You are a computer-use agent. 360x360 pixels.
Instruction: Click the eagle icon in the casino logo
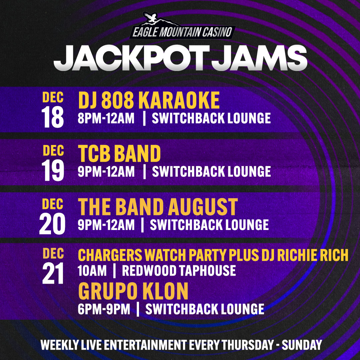tap(150, 18)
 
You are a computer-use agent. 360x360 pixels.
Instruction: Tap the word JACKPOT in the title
tap(132, 58)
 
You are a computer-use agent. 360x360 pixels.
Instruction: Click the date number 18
tap(53, 117)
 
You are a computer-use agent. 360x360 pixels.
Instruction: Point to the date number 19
tap(53, 170)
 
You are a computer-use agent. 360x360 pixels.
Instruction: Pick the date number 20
tap(52, 224)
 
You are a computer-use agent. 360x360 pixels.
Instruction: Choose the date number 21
tap(53, 273)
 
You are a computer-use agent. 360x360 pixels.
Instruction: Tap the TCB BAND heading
tap(119, 153)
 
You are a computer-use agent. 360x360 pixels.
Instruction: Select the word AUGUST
tap(203, 207)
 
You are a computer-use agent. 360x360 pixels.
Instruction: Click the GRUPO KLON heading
tap(133, 291)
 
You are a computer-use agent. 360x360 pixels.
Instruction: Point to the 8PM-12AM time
tap(106, 118)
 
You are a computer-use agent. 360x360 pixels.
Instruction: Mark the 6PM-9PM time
tap(104, 309)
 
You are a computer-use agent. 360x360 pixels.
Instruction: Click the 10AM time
tap(92, 270)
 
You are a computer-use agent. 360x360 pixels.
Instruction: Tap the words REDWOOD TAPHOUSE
tap(179, 270)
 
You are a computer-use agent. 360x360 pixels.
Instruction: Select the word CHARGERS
tap(110, 255)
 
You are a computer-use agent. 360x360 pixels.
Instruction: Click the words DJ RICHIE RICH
tap(305, 255)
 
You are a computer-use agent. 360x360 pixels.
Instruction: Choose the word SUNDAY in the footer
tap(302, 345)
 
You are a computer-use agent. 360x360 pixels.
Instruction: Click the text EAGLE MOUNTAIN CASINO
tap(183, 32)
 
